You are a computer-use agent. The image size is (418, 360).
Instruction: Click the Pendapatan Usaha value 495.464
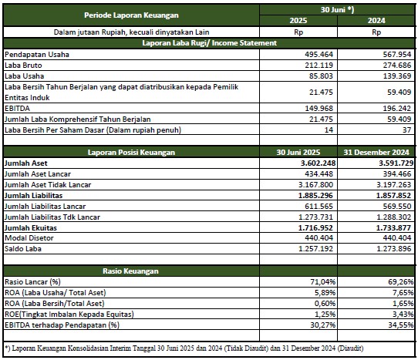tap(319, 55)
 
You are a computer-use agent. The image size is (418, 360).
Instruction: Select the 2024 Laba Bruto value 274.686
tap(397, 65)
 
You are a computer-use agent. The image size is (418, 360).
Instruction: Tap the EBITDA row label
tap(17, 109)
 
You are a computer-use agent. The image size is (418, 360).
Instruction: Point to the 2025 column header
tap(298, 21)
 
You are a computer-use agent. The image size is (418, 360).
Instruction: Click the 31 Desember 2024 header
tap(376, 152)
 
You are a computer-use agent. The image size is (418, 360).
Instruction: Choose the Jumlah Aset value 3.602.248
tap(318, 163)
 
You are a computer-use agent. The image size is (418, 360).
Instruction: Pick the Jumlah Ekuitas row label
tap(31, 228)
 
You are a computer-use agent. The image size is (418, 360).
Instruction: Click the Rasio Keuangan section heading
tap(130, 271)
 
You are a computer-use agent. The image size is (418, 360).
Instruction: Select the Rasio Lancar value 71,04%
tap(323, 282)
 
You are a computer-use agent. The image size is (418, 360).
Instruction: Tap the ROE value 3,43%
tap(403, 315)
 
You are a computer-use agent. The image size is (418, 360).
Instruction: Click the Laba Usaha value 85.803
tap(321, 76)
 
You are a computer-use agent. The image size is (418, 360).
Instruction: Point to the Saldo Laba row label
tap(23, 249)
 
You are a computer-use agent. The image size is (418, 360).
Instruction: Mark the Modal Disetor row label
tap(29, 238)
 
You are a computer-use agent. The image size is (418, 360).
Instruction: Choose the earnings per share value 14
tap(329, 130)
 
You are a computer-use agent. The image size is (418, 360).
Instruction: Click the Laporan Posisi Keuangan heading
tap(131, 152)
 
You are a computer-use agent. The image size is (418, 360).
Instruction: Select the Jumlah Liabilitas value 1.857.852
tap(393, 195)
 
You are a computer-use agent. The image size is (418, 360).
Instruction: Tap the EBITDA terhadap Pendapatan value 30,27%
tap(323, 325)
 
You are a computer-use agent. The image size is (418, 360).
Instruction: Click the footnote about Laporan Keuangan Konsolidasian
tap(184, 348)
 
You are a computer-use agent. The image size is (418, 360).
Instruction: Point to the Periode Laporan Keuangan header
tap(131, 15)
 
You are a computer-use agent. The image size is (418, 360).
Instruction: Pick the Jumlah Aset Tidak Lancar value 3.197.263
tap(394, 185)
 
